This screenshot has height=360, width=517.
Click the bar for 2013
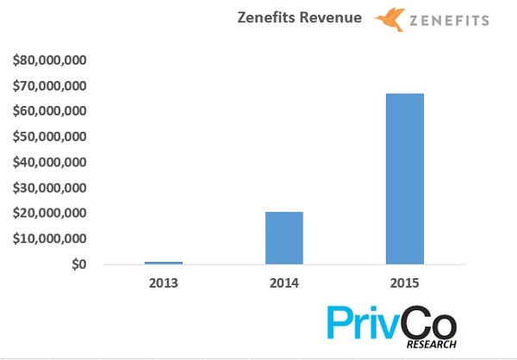[x=163, y=262]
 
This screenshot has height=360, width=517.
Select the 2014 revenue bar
[x=283, y=237]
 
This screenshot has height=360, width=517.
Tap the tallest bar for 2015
[x=404, y=177]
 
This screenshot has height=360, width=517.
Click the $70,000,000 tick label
[x=48, y=86]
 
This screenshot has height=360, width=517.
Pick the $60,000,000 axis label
[x=48, y=111]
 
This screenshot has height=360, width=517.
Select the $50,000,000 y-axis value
[x=48, y=137]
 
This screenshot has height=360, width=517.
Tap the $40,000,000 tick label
[x=48, y=162]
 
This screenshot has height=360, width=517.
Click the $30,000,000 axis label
[x=48, y=188]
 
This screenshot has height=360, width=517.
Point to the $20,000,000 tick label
[x=48, y=213]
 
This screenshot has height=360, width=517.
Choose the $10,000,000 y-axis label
[x=48, y=239]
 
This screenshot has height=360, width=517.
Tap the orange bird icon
[x=387, y=20]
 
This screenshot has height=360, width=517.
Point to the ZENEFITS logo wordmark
[x=449, y=20]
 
